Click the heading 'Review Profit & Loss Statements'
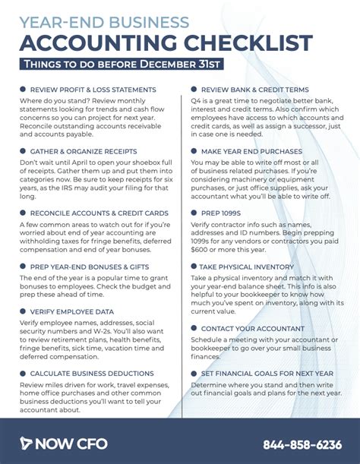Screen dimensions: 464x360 93,90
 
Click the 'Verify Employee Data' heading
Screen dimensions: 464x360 73,311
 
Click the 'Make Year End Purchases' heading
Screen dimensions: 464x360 253,152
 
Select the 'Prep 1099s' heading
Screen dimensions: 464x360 222,214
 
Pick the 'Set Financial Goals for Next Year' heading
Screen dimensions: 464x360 272,373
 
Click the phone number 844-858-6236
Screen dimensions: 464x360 302,443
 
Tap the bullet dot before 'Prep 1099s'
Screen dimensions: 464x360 194,214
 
